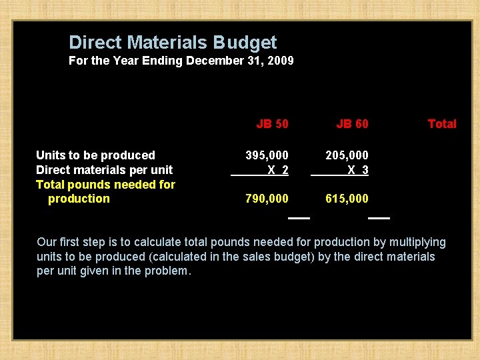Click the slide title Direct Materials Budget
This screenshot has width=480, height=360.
tap(173, 43)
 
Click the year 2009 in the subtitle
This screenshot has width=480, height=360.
tap(280, 61)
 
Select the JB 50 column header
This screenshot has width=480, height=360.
tap(272, 123)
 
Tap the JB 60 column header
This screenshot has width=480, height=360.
tap(352, 123)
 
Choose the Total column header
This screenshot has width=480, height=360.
tap(441, 123)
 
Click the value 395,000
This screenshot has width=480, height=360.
tap(267, 155)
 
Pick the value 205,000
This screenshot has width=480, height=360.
tap(347, 155)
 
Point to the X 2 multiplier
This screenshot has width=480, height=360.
tap(278, 170)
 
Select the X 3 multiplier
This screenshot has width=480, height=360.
tap(358, 170)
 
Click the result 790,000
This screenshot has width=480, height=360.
tap(267, 199)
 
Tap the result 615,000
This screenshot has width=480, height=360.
tap(347, 199)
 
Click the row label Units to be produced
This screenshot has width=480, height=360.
tap(95, 155)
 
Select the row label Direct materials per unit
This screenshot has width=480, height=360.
tap(104, 170)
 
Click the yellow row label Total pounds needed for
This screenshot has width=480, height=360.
tap(105, 184)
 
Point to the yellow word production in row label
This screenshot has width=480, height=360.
tap(79, 199)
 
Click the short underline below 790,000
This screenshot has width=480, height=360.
tap(299, 218)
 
